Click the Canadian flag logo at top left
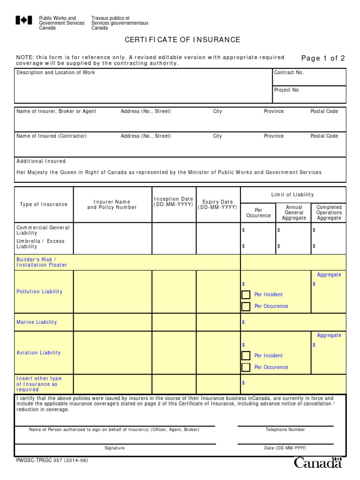24,20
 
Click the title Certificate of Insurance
182,40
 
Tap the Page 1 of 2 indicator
323,59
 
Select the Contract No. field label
289,73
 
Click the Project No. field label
287,90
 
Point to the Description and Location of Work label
55,73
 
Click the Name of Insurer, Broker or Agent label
56,112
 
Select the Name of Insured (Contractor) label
52,136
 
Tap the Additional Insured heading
41,161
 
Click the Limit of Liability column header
292,195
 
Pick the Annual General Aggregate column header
294,212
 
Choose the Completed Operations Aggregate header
329,212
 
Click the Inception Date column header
173,202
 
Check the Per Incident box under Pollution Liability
246,295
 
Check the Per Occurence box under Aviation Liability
246,367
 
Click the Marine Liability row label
37,322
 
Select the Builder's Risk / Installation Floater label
42,262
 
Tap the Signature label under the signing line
114,448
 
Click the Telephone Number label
285,429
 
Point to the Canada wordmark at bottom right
318,463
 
